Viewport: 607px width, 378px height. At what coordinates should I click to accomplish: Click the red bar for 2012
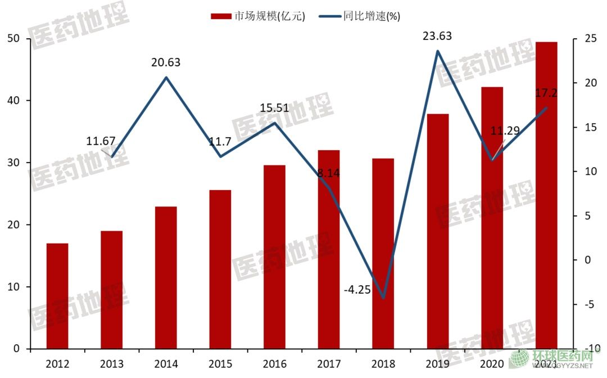pos(57,296)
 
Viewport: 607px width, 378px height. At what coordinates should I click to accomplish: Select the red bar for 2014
pos(166,278)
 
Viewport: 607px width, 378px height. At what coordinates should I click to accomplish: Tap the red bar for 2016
pos(274,257)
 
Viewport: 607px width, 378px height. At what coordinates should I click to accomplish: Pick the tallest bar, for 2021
pos(546,195)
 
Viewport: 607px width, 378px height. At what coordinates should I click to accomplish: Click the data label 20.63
pos(166,62)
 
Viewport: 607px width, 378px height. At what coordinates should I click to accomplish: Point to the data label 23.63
pos(437,37)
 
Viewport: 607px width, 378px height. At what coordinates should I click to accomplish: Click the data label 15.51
pos(274,108)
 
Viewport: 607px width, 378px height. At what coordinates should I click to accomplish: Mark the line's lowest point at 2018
pos(383,298)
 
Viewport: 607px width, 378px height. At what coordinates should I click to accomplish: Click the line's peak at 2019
pos(437,51)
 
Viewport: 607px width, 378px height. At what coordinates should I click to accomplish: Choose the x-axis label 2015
pos(220,363)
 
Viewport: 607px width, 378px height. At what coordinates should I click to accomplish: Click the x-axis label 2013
pos(112,363)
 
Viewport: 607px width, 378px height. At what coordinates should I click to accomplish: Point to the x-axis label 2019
pos(437,363)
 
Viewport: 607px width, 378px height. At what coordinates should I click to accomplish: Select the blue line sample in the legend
pos(329,16)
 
